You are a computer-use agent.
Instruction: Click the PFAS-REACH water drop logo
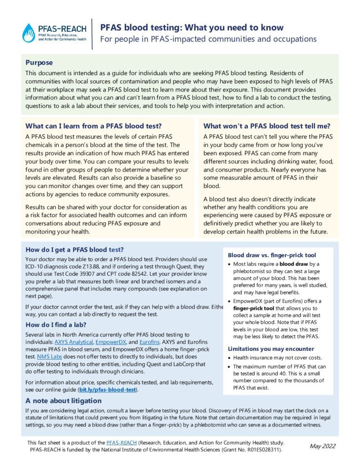coord(29,33)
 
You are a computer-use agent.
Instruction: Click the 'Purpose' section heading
coord(39,63)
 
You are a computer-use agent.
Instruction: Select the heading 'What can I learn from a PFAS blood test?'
coord(93,126)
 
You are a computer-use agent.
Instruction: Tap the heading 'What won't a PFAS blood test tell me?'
coord(267,126)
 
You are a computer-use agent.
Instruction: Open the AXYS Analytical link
coord(74,341)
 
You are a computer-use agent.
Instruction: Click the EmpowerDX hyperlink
coord(113,341)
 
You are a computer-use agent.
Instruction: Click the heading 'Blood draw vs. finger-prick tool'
coord(272,255)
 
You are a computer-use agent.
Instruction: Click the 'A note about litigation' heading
coord(63,401)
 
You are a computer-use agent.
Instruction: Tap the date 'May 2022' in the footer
coord(322,446)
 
